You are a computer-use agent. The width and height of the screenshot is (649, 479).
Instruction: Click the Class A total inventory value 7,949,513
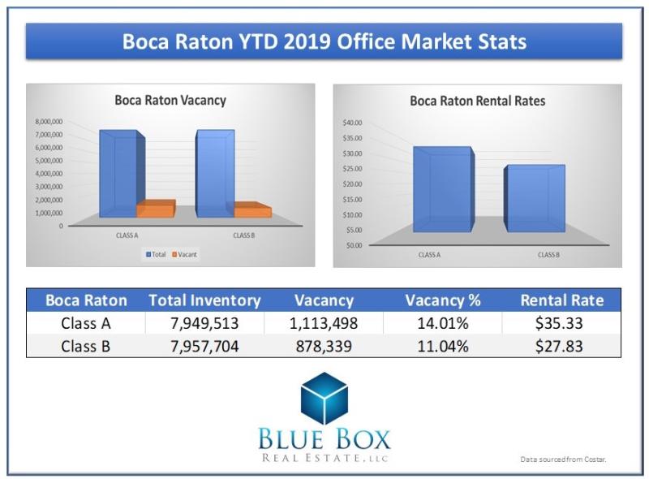click(x=204, y=322)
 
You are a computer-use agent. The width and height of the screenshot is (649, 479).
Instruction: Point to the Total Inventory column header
click(x=204, y=300)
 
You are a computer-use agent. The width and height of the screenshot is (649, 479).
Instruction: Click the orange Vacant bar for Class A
click(x=156, y=209)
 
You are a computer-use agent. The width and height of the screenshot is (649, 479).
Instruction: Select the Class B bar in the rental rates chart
click(x=535, y=199)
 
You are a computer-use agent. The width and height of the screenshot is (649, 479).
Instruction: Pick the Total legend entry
click(x=156, y=254)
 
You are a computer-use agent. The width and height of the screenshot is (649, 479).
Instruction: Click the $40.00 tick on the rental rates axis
click(x=353, y=123)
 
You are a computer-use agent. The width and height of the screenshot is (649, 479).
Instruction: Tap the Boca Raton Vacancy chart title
click(x=170, y=101)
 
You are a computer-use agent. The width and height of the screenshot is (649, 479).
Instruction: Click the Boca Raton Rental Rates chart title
click(x=477, y=101)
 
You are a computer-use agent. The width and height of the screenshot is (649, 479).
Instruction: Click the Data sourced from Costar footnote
click(x=563, y=460)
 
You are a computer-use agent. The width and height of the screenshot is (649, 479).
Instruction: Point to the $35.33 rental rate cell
click(x=561, y=322)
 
